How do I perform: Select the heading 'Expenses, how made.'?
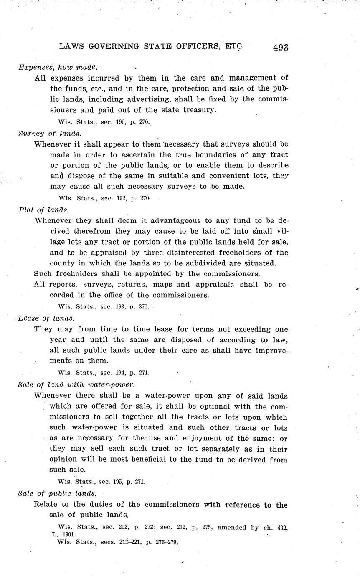(x=58, y=67)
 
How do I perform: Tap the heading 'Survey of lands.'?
(x=50, y=134)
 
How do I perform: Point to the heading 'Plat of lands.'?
(x=44, y=210)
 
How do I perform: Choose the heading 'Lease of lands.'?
(x=46, y=318)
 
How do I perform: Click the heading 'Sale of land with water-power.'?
(x=76, y=384)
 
